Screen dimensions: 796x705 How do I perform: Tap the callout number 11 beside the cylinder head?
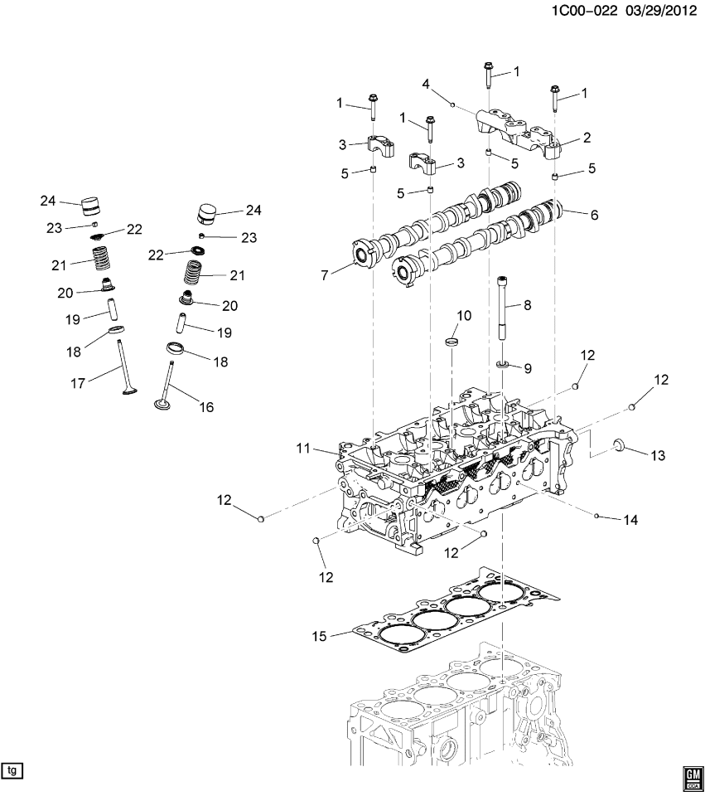click(304, 449)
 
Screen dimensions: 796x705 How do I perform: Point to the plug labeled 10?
click(451, 340)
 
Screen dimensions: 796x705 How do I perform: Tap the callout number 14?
click(631, 520)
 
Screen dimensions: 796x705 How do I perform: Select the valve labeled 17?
click(123, 365)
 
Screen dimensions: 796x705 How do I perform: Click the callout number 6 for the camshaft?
click(592, 214)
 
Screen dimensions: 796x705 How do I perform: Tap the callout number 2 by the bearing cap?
click(586, 138)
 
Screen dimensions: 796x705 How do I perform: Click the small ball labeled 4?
click(453, 104)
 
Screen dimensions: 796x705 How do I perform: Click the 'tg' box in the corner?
click(12, 770)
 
